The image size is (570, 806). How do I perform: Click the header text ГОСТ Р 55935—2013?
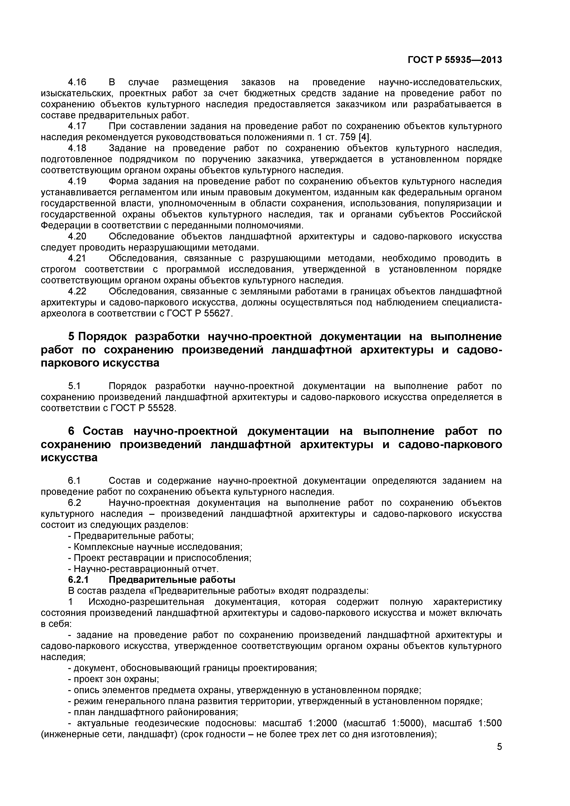click(x=455, y=60)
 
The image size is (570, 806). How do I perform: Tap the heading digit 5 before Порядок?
click(x=71, y=337)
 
